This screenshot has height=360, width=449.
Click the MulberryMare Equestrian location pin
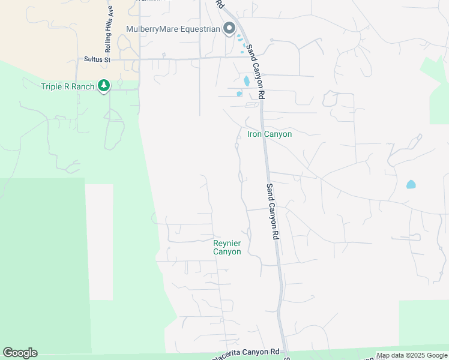(x=229, y=28)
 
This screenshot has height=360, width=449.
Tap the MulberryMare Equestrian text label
(x=173, y=29)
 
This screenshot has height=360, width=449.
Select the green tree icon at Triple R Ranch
(x=104, y=86)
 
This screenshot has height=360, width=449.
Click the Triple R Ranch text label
(x=67, y=87)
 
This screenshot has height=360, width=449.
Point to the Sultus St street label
(x=98, y=60)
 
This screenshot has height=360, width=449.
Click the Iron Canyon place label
(x=270, y=134)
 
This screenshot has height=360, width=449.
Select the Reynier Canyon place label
(x=227, y=247)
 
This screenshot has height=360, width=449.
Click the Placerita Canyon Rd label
(x=246, y=354)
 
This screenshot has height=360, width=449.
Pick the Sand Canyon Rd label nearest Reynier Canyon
(x=273, y=212)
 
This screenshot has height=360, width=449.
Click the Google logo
(x=20, y=353)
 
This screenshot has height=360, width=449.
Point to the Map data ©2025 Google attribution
(x=412, y=355)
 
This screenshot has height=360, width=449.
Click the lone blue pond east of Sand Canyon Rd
(x=411, y=184)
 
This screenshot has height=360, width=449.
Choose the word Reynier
(x=227, y=243)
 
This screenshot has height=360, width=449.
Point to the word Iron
(x=255, y=134)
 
